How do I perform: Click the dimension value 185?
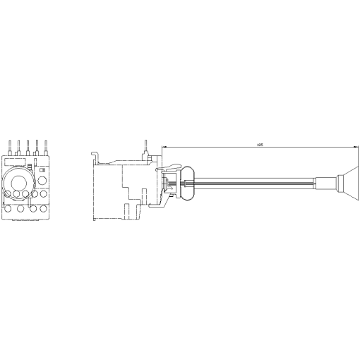(260, 144)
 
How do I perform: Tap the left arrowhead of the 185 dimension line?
(165, 147)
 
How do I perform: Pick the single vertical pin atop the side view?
(145, 145)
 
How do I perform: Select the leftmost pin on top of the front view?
(10, 145)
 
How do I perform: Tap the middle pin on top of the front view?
(28, 145)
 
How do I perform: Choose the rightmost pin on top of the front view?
(47, 145)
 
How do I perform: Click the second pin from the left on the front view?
(19, 145)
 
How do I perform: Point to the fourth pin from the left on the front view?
(37, 145)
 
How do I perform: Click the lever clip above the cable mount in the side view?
(169, 168)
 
